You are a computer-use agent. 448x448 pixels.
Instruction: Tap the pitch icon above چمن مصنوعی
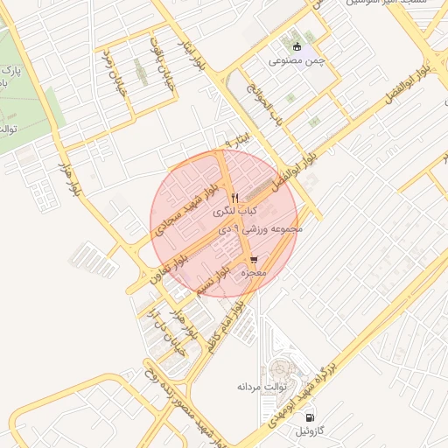(296, 46)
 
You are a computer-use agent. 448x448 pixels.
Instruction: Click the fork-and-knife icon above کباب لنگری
(234, 196)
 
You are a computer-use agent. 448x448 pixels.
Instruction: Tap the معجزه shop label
(252, 274)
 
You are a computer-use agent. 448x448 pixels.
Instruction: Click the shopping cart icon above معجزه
(253, 260)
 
